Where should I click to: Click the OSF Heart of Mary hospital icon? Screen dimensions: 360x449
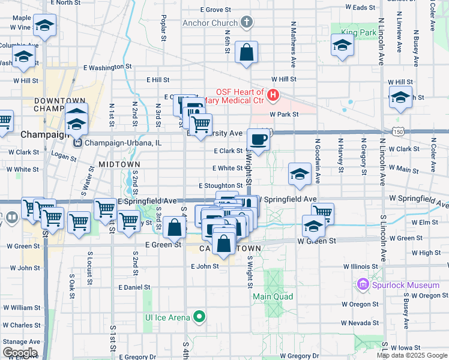274,95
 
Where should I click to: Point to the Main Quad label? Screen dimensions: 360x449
273,297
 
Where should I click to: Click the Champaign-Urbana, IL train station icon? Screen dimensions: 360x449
77,143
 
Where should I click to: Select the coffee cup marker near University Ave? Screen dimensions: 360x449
258,139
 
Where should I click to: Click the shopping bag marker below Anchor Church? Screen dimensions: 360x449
246,52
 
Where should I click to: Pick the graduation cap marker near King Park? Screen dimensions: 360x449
342,46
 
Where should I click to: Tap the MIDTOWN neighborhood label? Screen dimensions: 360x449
119,164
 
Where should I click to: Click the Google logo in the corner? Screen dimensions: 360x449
20,353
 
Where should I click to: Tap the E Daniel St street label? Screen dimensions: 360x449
134,288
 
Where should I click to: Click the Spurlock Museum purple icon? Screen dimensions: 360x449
362,284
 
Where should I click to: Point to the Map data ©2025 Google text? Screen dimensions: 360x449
412,355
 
